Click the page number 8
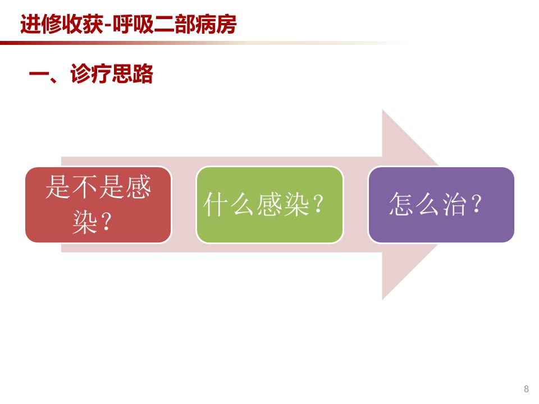[x=526, y=388]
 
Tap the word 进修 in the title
[x=41, y=24]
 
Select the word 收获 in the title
[x=83, y=24]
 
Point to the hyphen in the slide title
[x=108, y=26]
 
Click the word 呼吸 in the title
[x=133, y=24]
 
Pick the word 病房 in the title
[x=216, y=24]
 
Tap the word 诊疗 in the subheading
[x=91, y=74]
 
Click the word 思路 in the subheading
[x=133, y=74]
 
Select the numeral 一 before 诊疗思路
[x=39, y=74]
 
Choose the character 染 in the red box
[x=85, y=222]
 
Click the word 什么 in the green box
[x=229, y=204]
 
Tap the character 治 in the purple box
[x=454, y=204]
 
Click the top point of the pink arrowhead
[x=382, y=109]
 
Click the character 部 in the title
[x=185, y=24]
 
